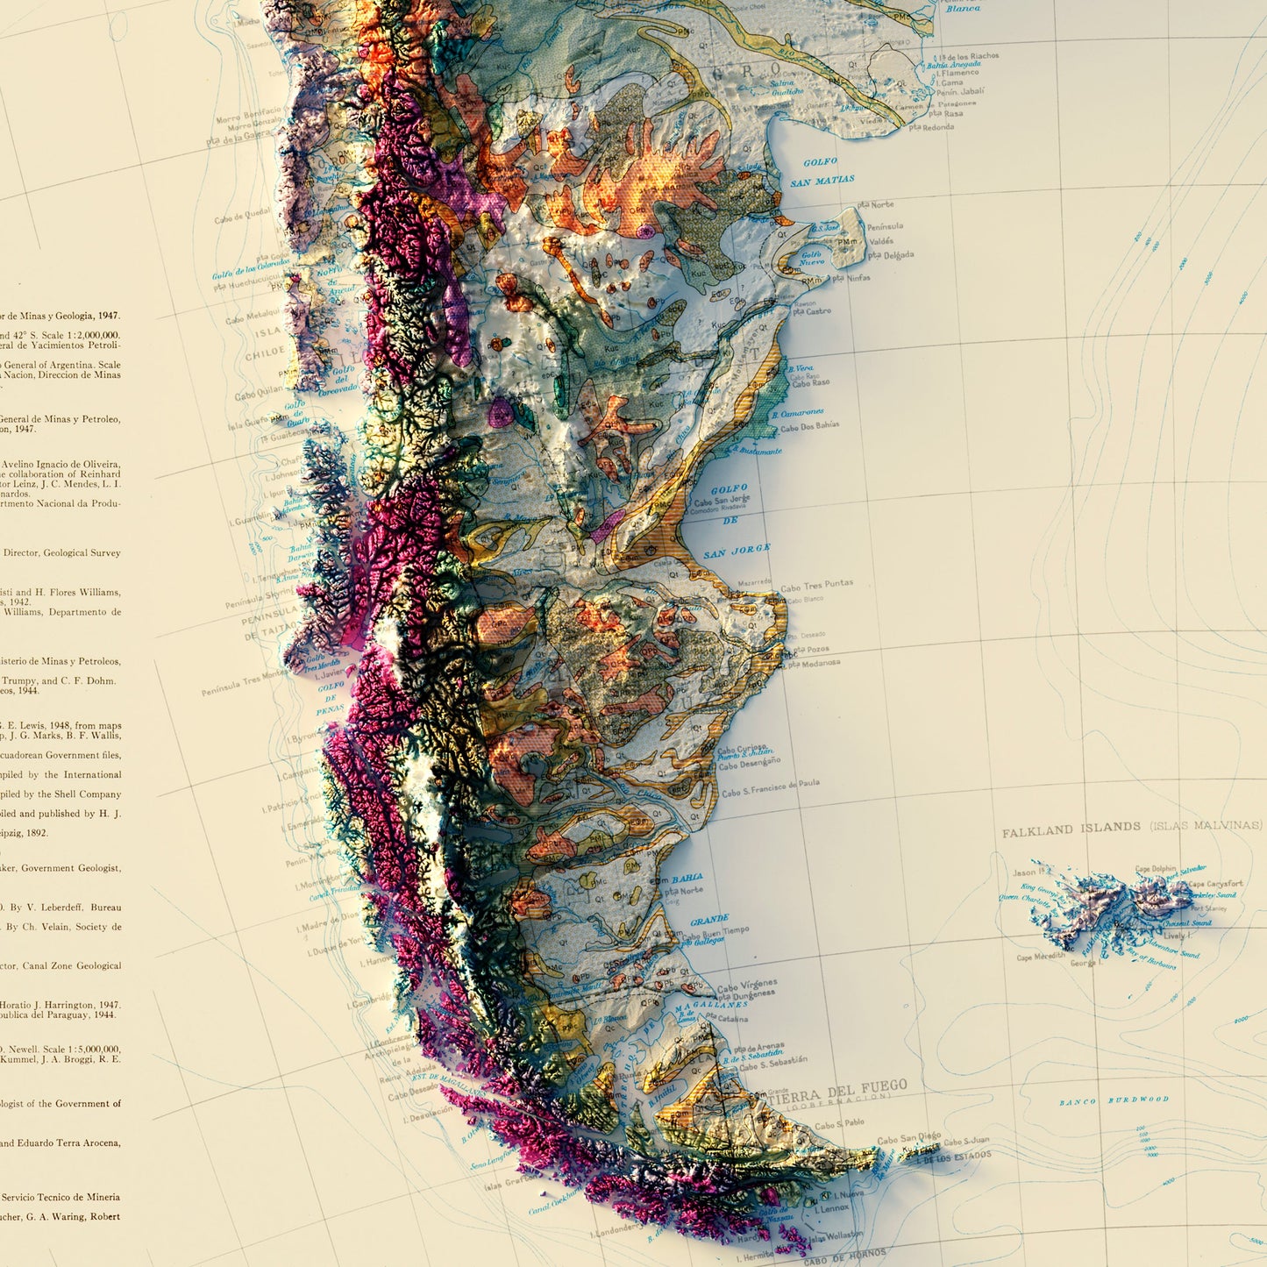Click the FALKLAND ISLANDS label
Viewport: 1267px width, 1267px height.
tap(1071, 829)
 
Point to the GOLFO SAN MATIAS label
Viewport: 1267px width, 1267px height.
tap(822, 172)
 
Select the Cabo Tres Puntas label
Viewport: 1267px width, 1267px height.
tap(816, 586)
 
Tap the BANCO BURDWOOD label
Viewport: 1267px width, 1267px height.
tap(1114, 1100)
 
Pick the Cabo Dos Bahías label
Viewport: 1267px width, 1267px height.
tap(809, 426)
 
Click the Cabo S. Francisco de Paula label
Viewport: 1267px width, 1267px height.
tap(771, 787)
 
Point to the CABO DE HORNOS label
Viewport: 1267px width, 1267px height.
tap(845, 1256)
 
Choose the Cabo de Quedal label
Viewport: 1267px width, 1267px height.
tap(243, 215)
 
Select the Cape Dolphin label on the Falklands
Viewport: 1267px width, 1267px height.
tap(1155, 869)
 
